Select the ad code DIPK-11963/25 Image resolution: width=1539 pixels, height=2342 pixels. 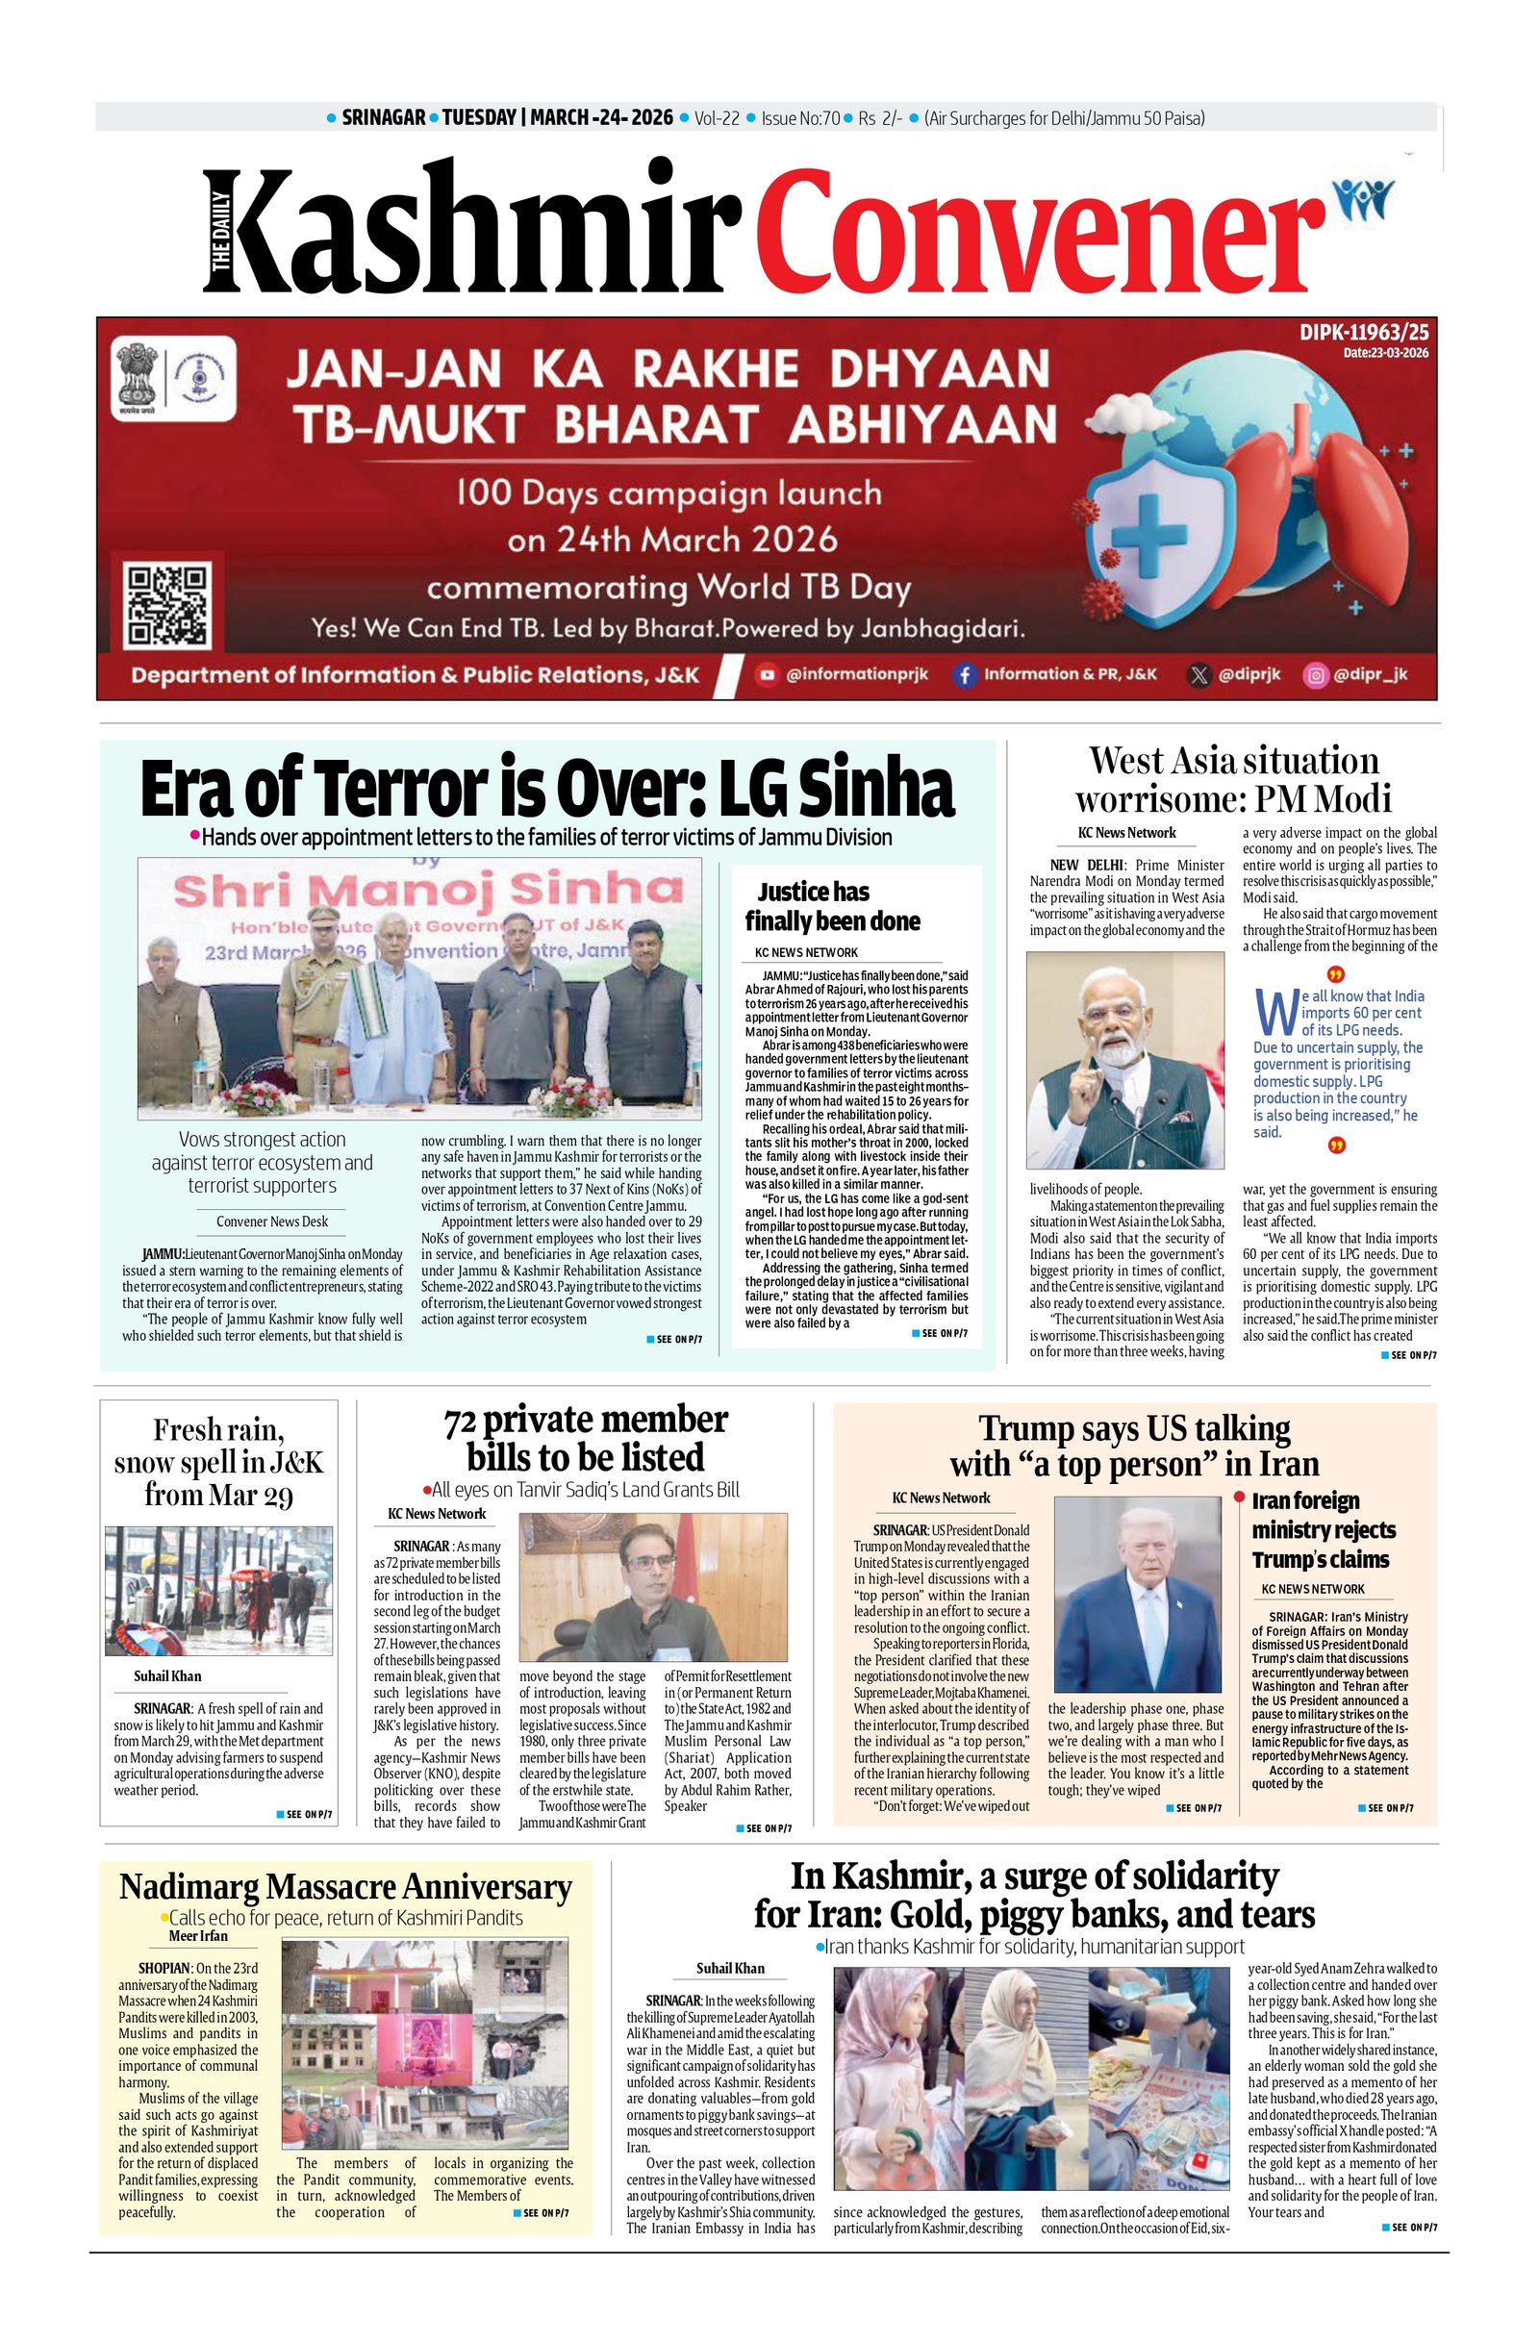(x=1364, y=335)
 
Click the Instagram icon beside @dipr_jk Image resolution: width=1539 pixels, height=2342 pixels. (x=1314, y=675)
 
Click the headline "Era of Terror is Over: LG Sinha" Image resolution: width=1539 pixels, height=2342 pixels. (x=547, y=790)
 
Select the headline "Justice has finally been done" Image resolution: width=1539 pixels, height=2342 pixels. (x=831, y=906)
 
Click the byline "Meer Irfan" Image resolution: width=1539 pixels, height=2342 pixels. (x=198, y=1935)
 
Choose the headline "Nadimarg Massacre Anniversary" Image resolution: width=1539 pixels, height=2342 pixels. (x=345, y=1887)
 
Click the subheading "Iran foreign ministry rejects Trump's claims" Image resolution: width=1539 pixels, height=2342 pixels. (x=1323, y=1529)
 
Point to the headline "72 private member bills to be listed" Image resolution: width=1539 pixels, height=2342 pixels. (x=586, y=1438)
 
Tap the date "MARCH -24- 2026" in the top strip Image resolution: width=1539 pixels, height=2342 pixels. (x=602, y=118)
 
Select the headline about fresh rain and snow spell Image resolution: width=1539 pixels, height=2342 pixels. (x=218, y=1461)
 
